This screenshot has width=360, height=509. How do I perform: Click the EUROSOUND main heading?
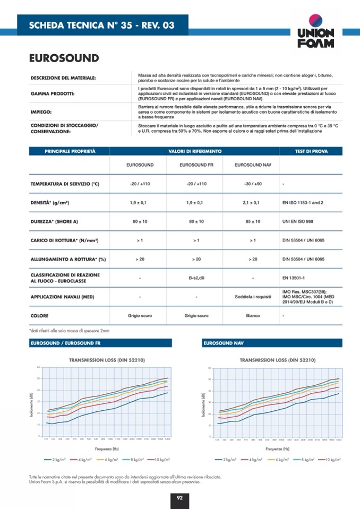(x=64, y=58)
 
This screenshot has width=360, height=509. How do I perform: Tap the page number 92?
(x=179, y=497)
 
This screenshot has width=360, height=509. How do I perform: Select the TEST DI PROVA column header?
(x=311, y=151)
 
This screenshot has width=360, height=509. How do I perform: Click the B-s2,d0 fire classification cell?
(x=196, y=278)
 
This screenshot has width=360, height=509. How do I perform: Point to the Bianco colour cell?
(x=253, y=316)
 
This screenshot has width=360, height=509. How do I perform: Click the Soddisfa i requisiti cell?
(x=253, y=297)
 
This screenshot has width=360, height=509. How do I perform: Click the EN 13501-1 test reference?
(x=294, y=278)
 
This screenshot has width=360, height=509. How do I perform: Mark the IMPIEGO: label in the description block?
(x=43, y=112)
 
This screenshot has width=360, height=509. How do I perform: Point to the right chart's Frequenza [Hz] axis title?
(x=278, y=449)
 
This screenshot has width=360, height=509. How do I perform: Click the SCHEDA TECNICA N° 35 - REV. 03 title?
(x=101, y=25)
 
